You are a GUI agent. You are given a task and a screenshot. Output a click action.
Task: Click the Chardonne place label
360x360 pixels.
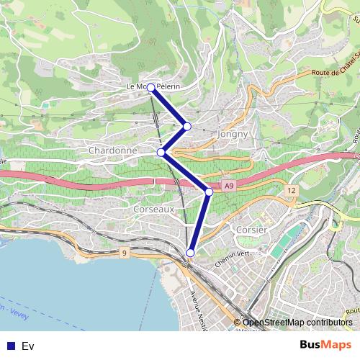pos(112,150)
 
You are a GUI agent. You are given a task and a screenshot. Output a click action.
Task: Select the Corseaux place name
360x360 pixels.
pos(153,208)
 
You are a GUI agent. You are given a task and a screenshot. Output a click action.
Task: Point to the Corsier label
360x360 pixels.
pos(251,229)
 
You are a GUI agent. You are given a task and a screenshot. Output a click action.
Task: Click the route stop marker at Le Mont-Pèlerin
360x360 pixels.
pos(151,88)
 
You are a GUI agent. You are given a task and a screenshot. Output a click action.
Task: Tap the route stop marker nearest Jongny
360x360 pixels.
pos(187,126)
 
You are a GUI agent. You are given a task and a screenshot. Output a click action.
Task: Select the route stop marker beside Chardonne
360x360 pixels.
pos(162,152)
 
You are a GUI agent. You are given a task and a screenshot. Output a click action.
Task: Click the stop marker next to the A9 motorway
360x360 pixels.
pos(209,192)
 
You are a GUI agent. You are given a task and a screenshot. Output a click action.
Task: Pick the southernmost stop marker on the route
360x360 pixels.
pos(191,252)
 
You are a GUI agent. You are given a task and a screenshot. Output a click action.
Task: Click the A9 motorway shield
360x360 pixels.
pos(228,186)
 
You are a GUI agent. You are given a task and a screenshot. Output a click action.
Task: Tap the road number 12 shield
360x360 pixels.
pos(290,190)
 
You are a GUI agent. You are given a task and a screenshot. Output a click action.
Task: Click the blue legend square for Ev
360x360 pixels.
pos(10,346)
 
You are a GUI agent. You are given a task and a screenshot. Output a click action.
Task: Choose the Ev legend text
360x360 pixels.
pos(28,346)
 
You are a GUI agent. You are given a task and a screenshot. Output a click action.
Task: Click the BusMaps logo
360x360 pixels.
pos(325,344)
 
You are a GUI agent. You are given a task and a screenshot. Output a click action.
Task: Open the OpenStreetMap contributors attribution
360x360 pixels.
pos(297,323)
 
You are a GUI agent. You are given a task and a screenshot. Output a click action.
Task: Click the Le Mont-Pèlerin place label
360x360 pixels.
pos(153,86)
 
